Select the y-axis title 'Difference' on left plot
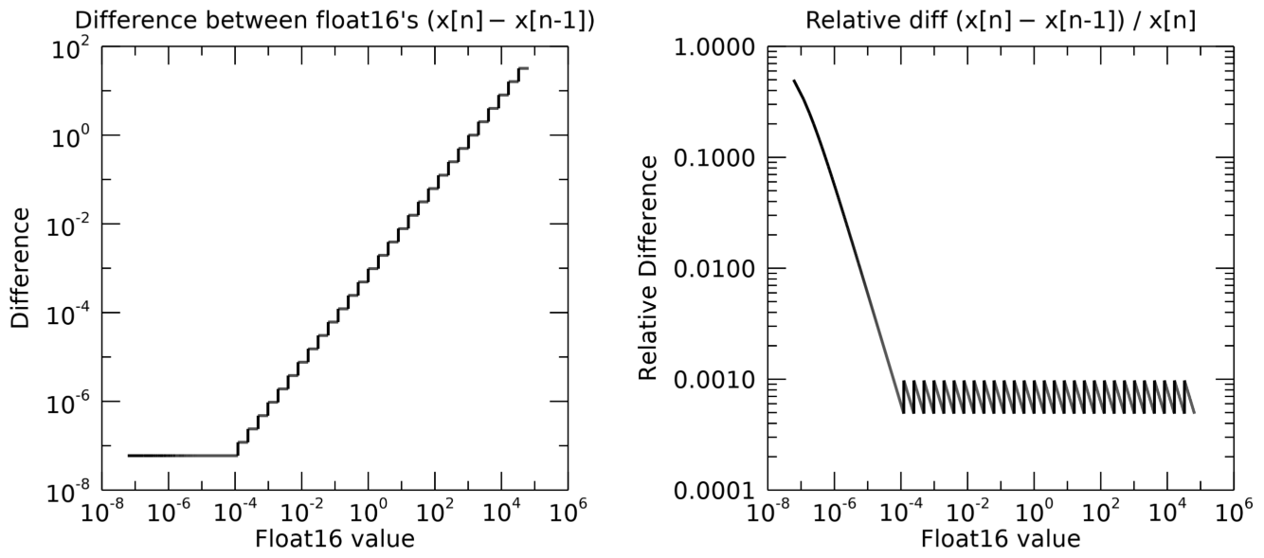22,268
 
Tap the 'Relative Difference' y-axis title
648,268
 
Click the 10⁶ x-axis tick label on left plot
566,513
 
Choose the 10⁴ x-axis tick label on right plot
1167,513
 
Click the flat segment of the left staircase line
180,455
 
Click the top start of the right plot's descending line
795,81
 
